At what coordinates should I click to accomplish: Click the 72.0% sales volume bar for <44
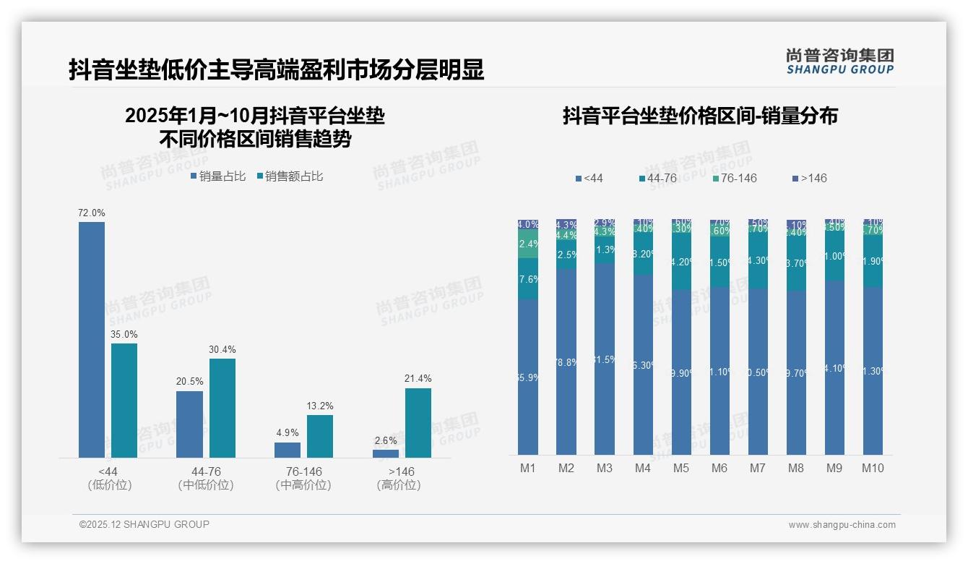pos(92,340)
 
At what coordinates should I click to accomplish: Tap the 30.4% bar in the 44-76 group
pos(222,408)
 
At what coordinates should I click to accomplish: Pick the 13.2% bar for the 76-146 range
pos(320,436)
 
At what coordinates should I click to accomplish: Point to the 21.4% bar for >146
pos(418,423)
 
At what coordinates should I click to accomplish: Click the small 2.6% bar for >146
pos(386,453)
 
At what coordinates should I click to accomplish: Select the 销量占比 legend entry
pos(218,176)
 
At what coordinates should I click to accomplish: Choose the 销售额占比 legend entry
pos(289,176)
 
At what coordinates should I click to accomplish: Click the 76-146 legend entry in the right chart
pos(734,178)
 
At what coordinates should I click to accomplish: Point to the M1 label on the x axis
pos(528,468)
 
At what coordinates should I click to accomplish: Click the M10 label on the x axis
pos(873,468)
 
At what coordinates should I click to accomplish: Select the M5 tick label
pos(681,468)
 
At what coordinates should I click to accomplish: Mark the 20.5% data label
pos(189,381)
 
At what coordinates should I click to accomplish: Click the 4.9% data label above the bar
pos(288,432)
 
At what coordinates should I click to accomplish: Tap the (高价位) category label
pos(398,485)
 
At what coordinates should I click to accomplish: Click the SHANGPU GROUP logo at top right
pos(840,61)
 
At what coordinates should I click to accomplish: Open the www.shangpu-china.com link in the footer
pos(842,525)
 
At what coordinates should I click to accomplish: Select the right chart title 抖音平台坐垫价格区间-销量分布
pos(700,116)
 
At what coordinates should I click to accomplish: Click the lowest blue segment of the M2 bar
pos(566,362)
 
